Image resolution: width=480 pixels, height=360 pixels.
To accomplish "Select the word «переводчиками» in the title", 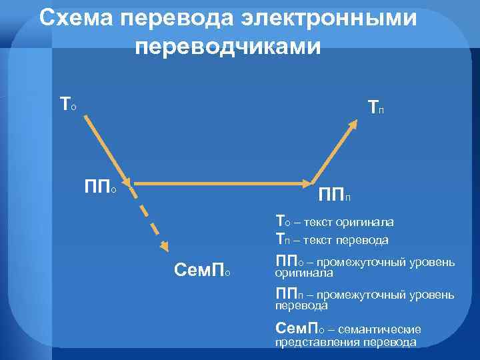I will click(x=227, y=46).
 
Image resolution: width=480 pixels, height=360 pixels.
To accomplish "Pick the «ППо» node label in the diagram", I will click(x=100, y=185).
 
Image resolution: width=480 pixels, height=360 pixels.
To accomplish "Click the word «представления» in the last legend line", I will click(x=314, y=343).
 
